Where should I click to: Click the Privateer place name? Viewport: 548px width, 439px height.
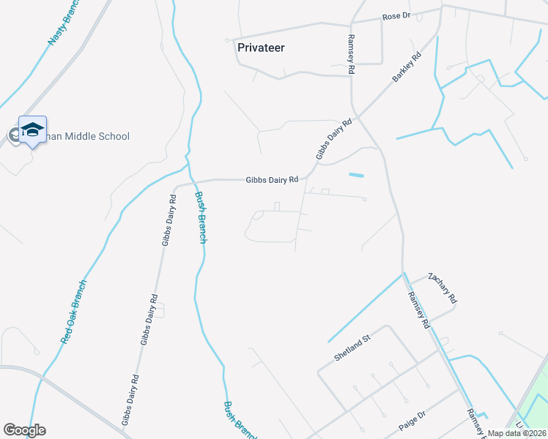[x=261, y=48]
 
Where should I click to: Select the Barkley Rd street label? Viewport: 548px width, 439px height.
[x=407, y=67]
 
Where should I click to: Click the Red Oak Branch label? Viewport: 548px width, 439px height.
[x=74, y=312]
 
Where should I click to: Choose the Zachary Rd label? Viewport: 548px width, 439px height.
[x=443, y=289]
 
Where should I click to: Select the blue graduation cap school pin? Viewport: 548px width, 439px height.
[x=32, y=130]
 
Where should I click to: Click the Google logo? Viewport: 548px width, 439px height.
[x=24, y=430]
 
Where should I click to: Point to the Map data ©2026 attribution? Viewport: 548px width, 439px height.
[x=516, y=433]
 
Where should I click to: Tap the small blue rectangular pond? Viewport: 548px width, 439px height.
[x=356, y=175]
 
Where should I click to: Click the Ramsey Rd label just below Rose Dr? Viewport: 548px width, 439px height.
[x=352, y=54]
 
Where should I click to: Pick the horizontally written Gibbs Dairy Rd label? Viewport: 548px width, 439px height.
[x=272, y=179]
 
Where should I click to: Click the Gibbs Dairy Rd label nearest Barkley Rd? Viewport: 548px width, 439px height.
[x=334, y=139]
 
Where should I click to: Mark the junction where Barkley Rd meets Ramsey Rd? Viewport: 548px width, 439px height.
[x=358, y=116]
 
